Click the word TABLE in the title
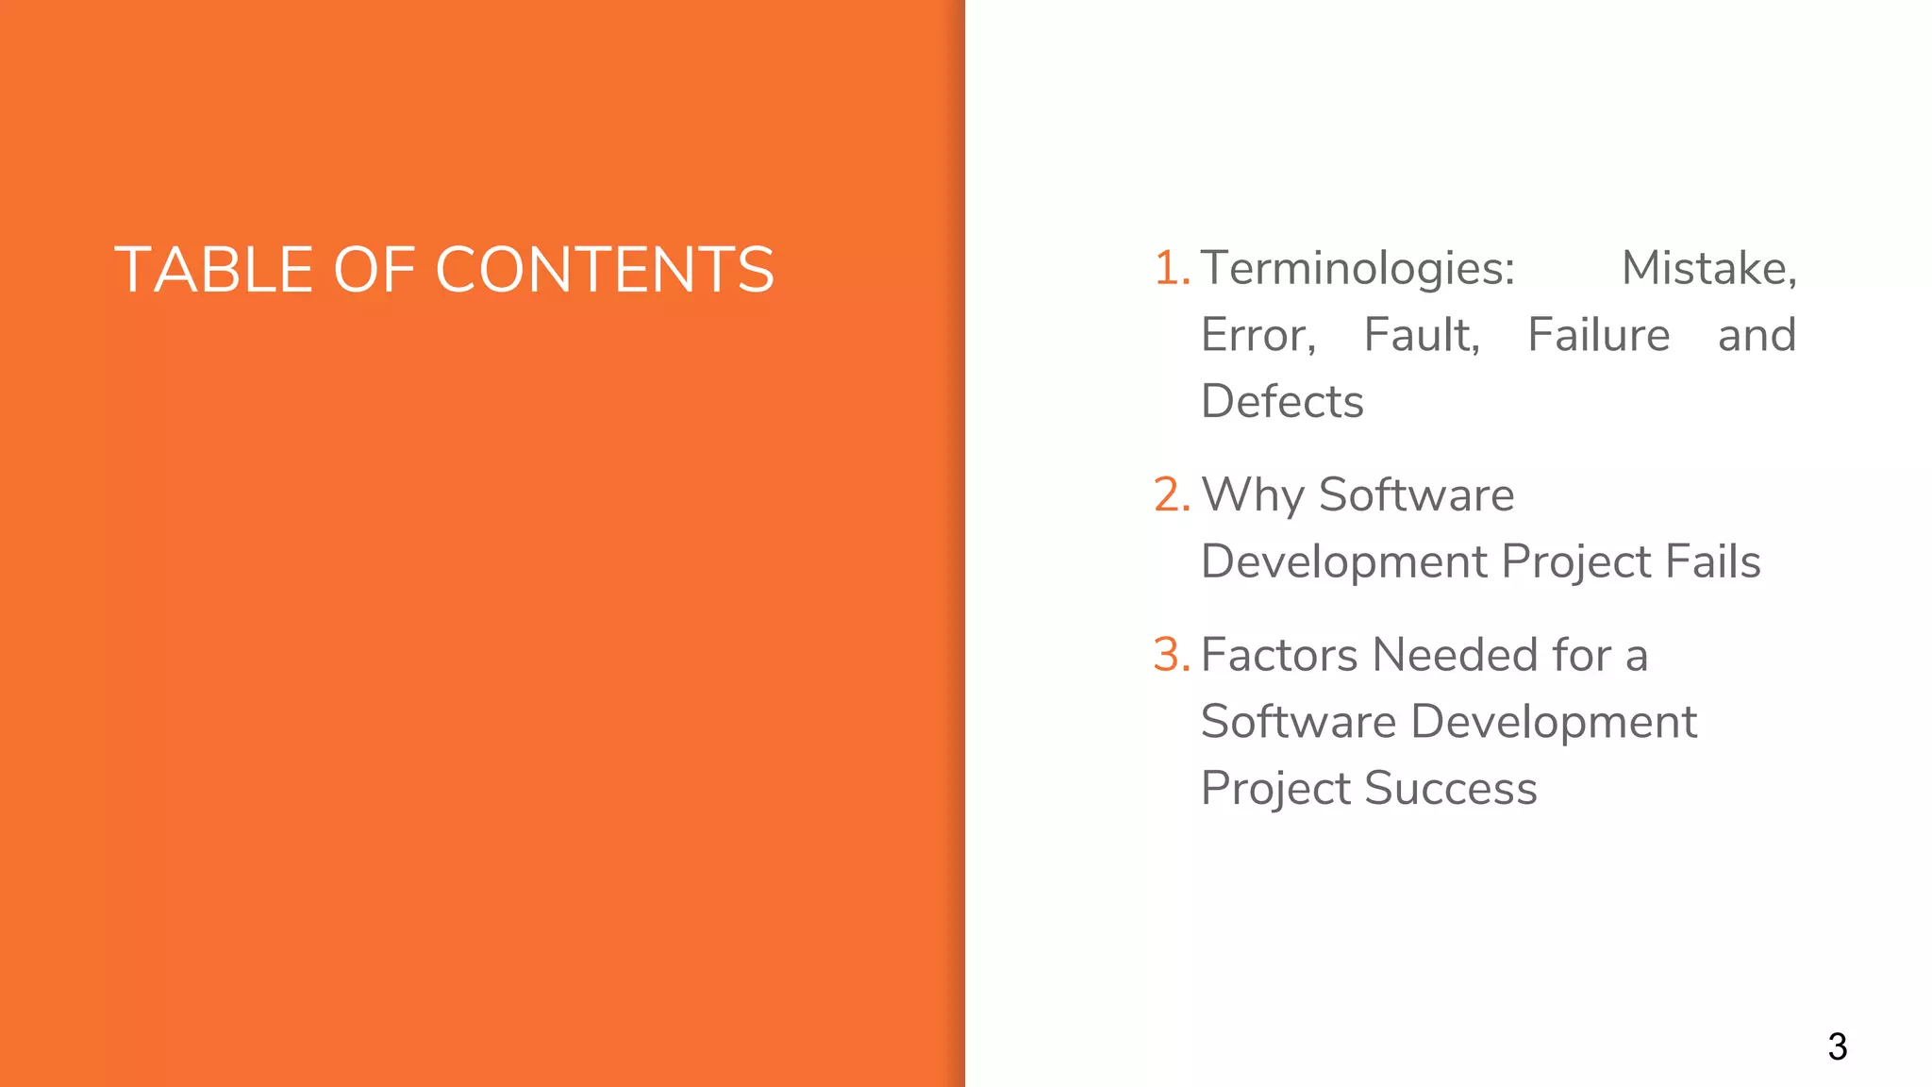pyautogui.click(x=213, y=270)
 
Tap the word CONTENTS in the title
pyautogui.click(x=604, y=270)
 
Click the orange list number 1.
pyautogui.click(x=1171, y=268)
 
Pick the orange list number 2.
pyautogui.click(x=1171, y=494)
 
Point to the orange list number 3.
pyautogui.click(x=1171, y=655)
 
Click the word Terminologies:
pyautogui.click(x=1357, y=268)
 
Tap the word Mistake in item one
pyautogui.click(x=1707, y=268)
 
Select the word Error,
pyautogui.click(x=1258, y=335)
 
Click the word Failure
pyautogui.click(x=1599, y=335)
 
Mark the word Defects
pyautogui.click(x=1282, y=401)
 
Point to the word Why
pyautogui.click(x=1252, y=495)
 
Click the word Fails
pyautogui.click(x=1712, y=561)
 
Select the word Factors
pyautogui.click(x=1279, y=655)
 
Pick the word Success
pyautogui.click(x=1450, y=788)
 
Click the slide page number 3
pyautogui.click(x=1837, y=1046)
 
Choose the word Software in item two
pyautogui.click(x=1416, y=495)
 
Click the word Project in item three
pyautogui.click(x=1274, y=789)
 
